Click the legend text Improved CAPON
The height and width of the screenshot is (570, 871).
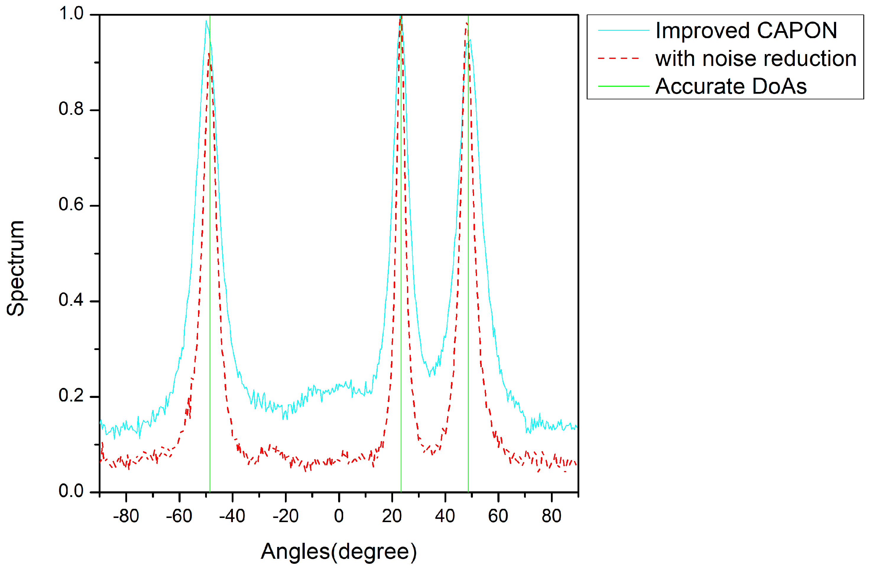746,30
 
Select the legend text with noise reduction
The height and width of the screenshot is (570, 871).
756,59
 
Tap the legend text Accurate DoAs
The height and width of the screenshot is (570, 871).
731,86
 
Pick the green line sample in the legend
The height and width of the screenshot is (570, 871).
623,86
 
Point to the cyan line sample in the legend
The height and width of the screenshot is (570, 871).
623,30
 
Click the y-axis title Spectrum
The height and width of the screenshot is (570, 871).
16,268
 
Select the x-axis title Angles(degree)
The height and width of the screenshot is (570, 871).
338,551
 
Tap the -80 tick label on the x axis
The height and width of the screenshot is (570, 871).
126,516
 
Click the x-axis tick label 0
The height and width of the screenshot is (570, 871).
339,516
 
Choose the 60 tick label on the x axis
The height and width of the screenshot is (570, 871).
498,516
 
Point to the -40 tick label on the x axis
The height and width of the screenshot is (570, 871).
232,516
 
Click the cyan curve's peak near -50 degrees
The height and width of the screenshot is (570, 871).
206,21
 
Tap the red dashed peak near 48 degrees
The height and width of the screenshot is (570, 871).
466,23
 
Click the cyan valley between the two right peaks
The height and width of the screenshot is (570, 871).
430,375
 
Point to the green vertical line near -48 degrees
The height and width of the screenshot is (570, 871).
210,256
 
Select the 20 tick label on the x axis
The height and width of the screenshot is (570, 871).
392,516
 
